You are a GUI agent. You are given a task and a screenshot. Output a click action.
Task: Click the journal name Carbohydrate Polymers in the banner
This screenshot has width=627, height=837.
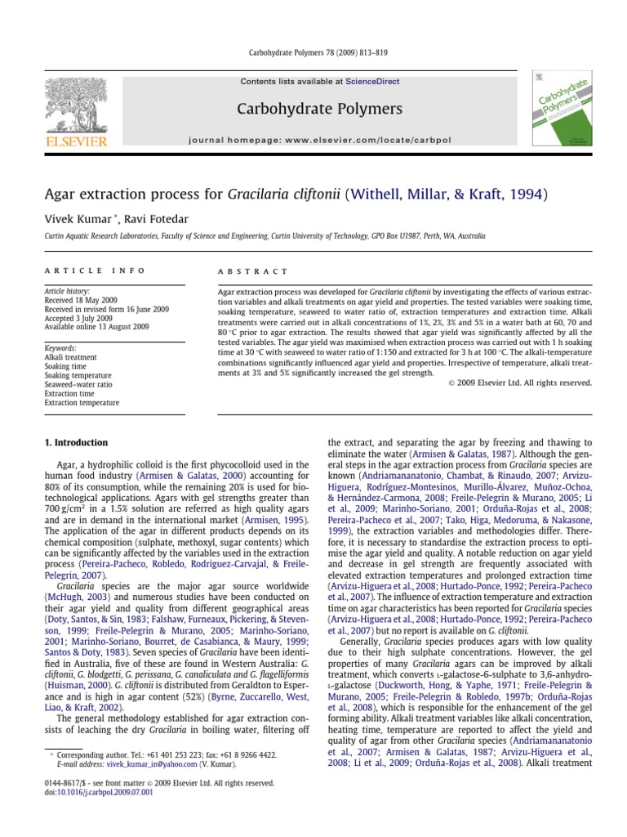pos(307,109)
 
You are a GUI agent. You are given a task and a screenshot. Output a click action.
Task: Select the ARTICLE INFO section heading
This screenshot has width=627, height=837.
pos(95,271)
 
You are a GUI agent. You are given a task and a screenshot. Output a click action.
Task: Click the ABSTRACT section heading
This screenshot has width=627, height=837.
pos(251,271)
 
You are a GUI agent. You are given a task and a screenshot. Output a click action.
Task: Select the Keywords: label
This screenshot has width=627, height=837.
pos(62,347)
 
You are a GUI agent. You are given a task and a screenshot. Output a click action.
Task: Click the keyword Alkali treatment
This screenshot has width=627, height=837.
pos(72,357)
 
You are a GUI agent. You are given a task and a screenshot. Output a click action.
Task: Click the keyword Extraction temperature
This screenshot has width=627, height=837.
pos(82,403)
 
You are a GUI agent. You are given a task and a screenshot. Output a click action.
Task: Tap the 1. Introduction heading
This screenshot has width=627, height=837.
pos(76,443)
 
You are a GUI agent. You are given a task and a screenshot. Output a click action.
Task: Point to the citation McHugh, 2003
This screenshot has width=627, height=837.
pos(74,599)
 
